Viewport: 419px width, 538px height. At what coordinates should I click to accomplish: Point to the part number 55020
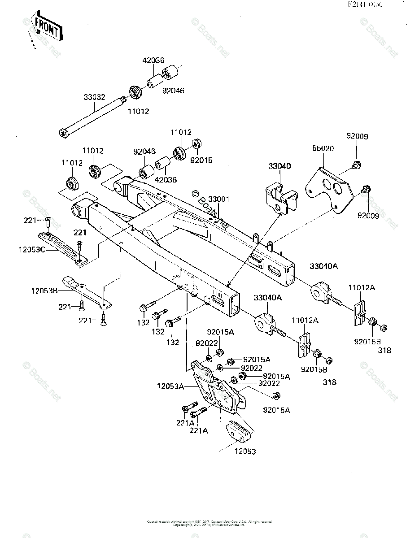[x=323, y=148]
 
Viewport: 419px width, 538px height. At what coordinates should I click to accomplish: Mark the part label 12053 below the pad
[x=245, y=451]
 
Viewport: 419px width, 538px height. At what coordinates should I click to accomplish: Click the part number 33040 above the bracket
[x=279, y=166]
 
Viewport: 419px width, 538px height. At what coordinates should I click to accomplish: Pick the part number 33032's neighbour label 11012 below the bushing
[x=138, y=111]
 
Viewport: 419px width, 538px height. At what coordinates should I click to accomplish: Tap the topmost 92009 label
[x=357, y=136]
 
